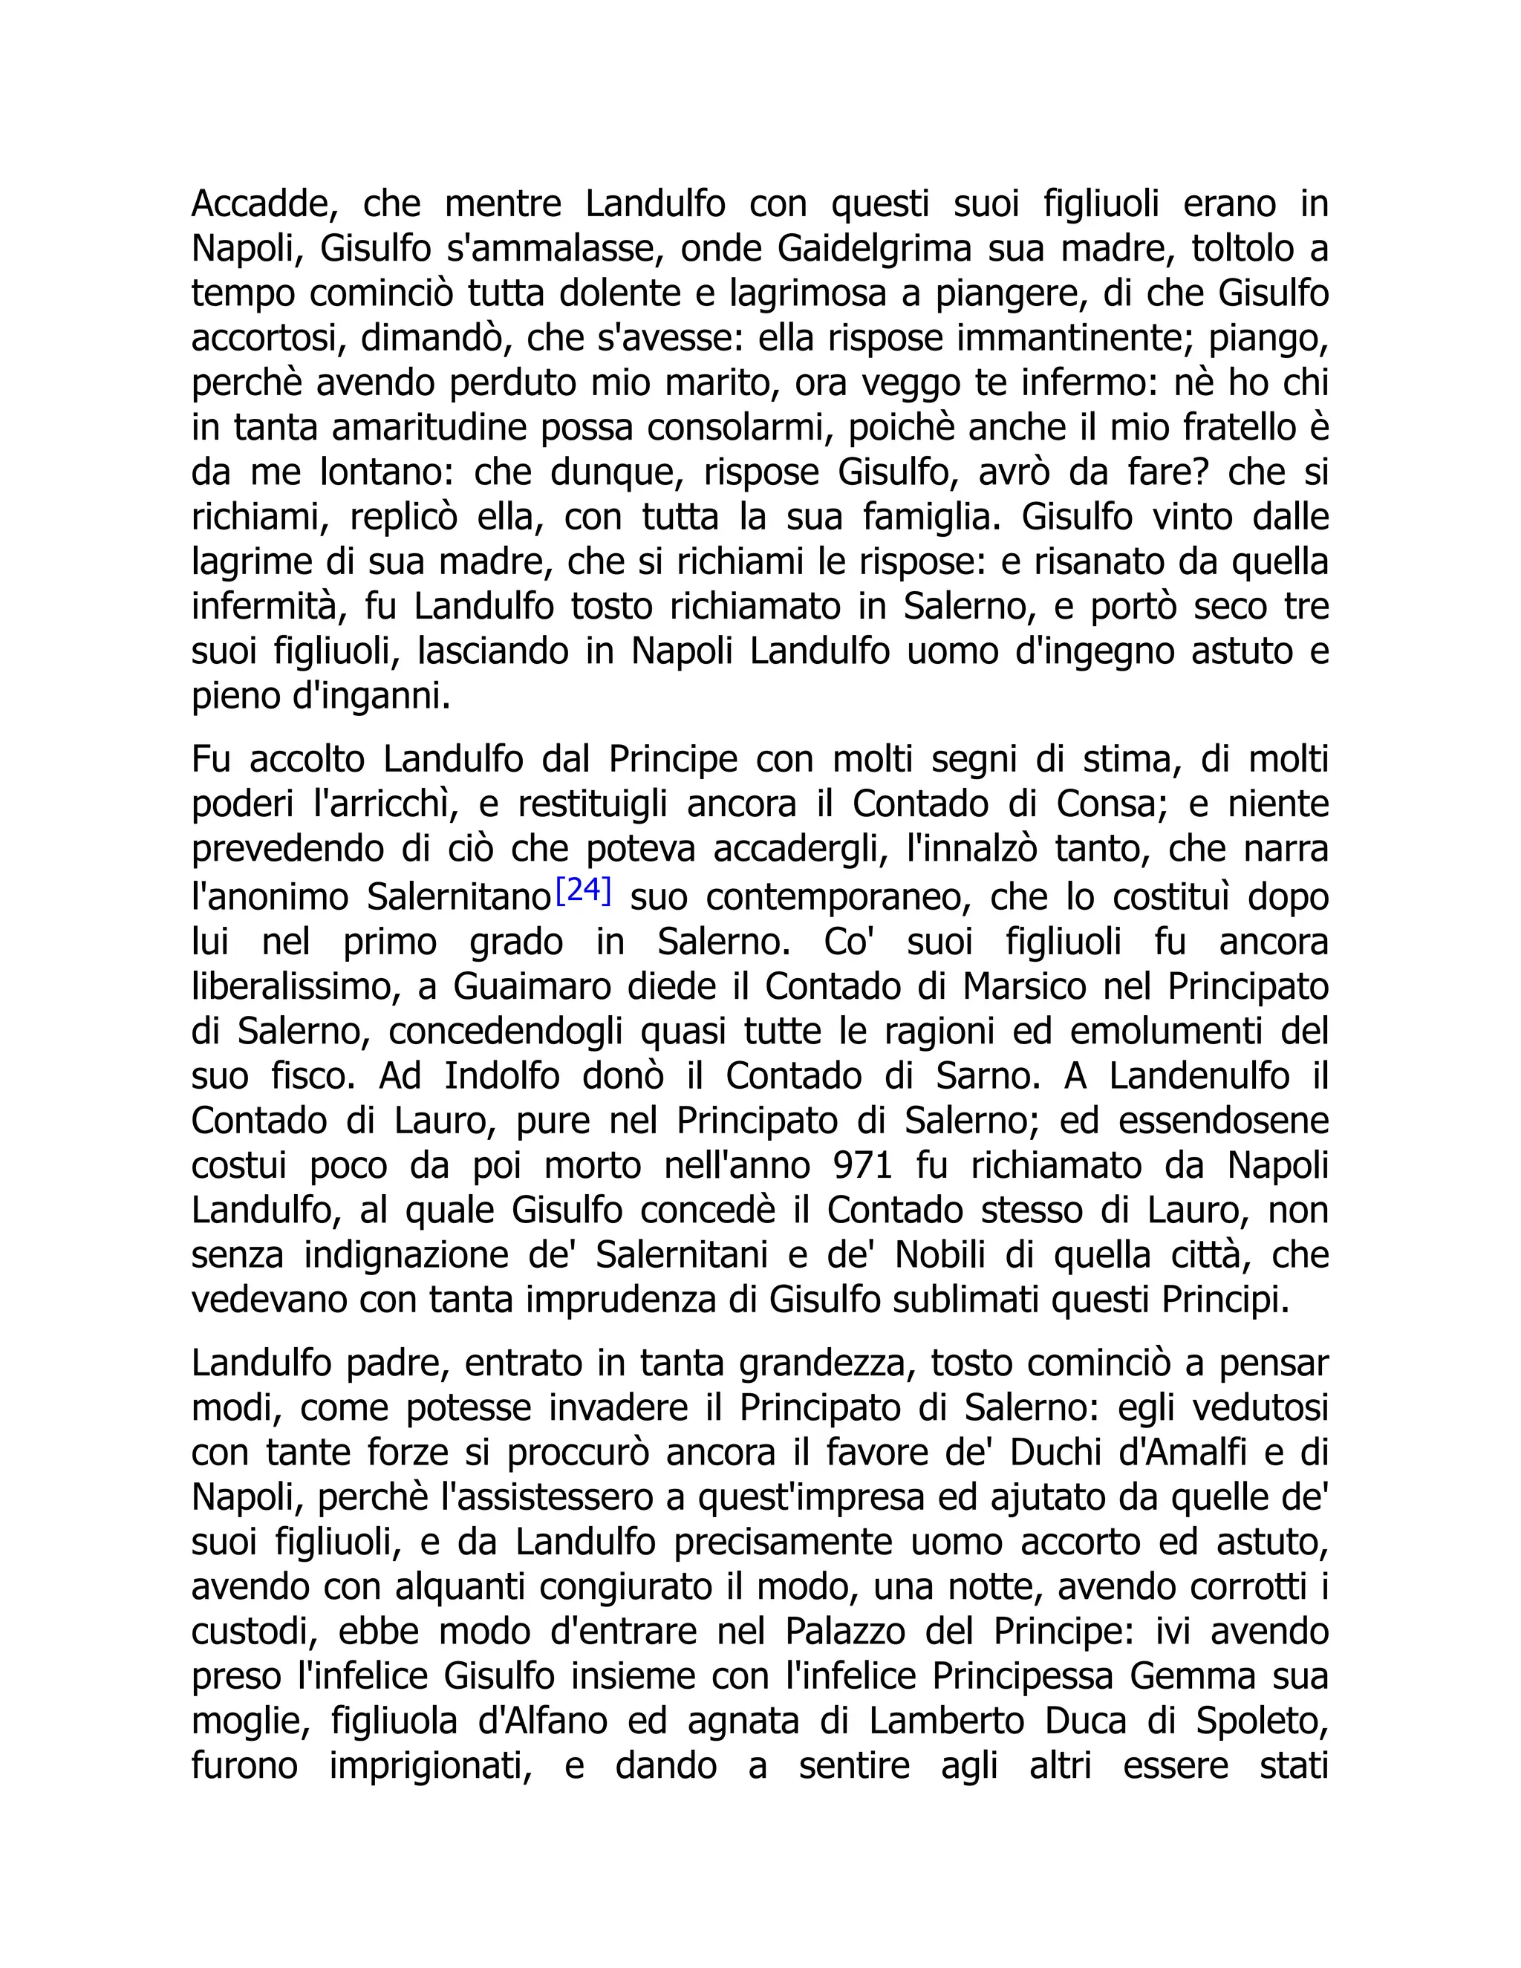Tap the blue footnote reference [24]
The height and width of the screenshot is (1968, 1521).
pos(584,890)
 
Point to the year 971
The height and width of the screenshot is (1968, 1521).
pos(862,1165)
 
